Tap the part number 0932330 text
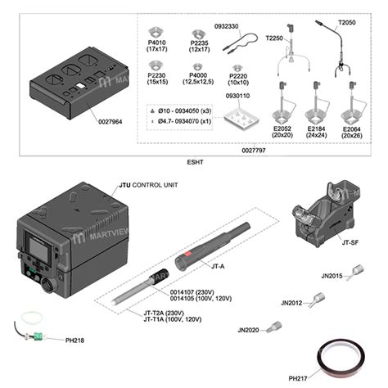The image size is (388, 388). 226,26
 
